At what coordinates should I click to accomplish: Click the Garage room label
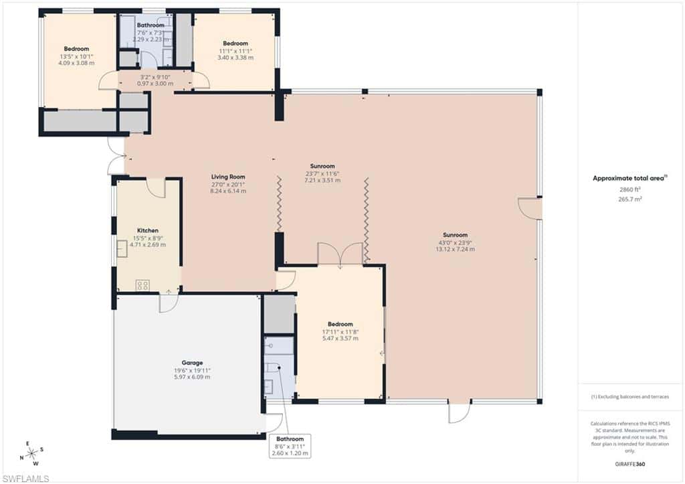tap(192, 362)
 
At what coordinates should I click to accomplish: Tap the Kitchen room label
tap(148, 230)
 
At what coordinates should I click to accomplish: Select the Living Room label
tap(228, 177)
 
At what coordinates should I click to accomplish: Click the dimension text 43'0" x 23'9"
tap(455, 242)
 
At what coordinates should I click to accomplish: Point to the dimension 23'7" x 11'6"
tap(322, 173)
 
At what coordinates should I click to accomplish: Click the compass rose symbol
tap(32, 453)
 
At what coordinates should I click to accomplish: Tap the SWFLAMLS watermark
tap(25, 479)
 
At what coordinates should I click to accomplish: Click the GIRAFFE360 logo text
tap(629, 464)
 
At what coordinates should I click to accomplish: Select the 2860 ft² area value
tap(630, 189)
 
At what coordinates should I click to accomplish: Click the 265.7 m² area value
tap(630, 199)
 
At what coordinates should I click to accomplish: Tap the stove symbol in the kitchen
tap(142, 285)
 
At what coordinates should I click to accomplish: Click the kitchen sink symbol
tap(122, 248)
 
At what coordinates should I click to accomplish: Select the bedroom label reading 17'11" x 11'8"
tap(340, 331)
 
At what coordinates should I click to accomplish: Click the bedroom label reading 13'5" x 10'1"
tap(76, 56)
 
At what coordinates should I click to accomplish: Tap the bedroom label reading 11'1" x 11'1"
tap(235, 51)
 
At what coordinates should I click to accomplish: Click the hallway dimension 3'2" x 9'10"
tap(155, 77)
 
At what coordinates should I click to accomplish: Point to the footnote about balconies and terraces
tap(630, 396)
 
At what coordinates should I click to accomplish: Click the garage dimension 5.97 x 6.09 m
tap(192, 377)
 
